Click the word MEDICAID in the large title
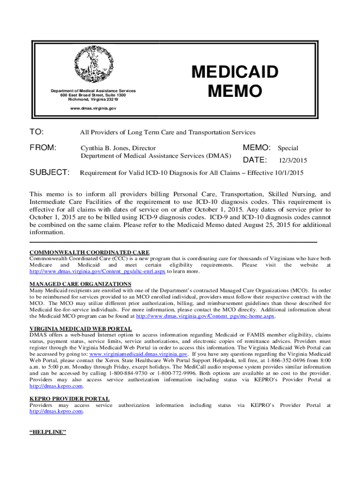[235, 73]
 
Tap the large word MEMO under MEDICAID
[235, 92]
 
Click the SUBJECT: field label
[50, 173]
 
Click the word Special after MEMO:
[288, 148]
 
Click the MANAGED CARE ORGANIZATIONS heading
[80, 284]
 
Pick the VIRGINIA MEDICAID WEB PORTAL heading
[80, 329]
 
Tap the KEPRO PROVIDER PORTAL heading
[69, 399]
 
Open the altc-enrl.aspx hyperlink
[98, 271]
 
